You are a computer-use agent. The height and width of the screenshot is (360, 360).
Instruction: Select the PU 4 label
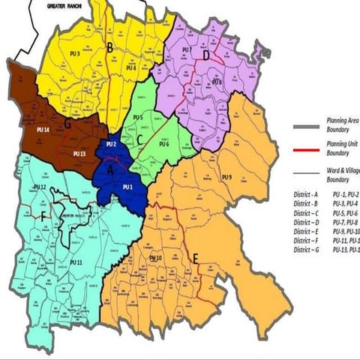(x=133, y=68)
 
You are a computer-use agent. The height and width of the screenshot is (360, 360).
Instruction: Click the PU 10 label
(x=157, y=258)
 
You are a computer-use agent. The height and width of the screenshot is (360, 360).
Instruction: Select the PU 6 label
(x=163, y=144)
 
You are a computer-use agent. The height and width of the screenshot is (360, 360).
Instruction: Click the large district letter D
(x=205, y=55)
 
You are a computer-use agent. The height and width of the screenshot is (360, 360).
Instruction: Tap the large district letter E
(x=196, y=259)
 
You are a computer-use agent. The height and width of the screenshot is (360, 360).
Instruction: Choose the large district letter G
(x=67, y=124)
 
